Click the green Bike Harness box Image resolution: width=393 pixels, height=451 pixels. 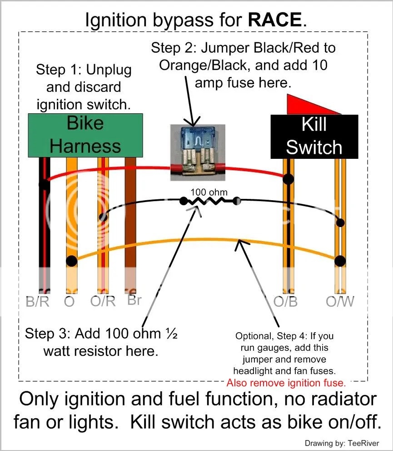(x=85, y=135)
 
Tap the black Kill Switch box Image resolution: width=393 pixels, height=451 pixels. (x=314, y=137)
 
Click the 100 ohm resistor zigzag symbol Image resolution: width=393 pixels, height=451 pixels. (x=209, y=201)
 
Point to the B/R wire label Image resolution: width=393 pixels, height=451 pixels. (x=37, y=302)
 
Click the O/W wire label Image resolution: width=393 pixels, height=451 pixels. (x=340, y=302)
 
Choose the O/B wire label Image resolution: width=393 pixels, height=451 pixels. (x=285, y=302)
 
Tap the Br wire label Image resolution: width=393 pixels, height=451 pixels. (x=134, y=300)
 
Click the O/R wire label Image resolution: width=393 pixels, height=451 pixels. (x=103, y=302)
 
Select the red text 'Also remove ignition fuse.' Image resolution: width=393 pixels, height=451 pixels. (x=286, y=382)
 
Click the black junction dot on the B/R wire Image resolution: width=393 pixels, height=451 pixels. (x=44, y=184)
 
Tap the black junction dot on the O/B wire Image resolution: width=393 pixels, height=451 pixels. (x=288, y=179)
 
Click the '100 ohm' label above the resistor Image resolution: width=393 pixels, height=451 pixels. (x=209, y=192)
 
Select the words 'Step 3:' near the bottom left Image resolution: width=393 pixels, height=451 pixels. (x=46, y=334)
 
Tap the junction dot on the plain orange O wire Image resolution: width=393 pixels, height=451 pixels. (x=71, y=261)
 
